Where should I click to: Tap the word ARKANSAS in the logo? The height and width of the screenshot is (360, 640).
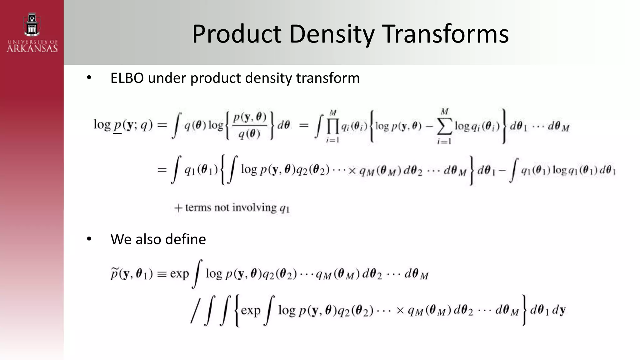(x=32, y=48)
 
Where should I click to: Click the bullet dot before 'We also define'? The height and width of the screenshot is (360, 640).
(x=89, y=239)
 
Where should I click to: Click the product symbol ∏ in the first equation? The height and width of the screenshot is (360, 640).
(x=333, y=127)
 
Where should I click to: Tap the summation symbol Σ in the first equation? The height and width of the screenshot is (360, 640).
(x=444, y=127)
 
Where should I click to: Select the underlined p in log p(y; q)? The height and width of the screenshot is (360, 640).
(x=117, y=126)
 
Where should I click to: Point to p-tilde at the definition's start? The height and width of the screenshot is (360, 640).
(x=114, y=274)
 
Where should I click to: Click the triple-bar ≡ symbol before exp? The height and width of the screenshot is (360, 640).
(x=162, y=274)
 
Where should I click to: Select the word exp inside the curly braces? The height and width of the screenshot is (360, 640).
(x=251, y=311)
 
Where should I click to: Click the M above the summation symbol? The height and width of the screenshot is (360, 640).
(x=444, y=112)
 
